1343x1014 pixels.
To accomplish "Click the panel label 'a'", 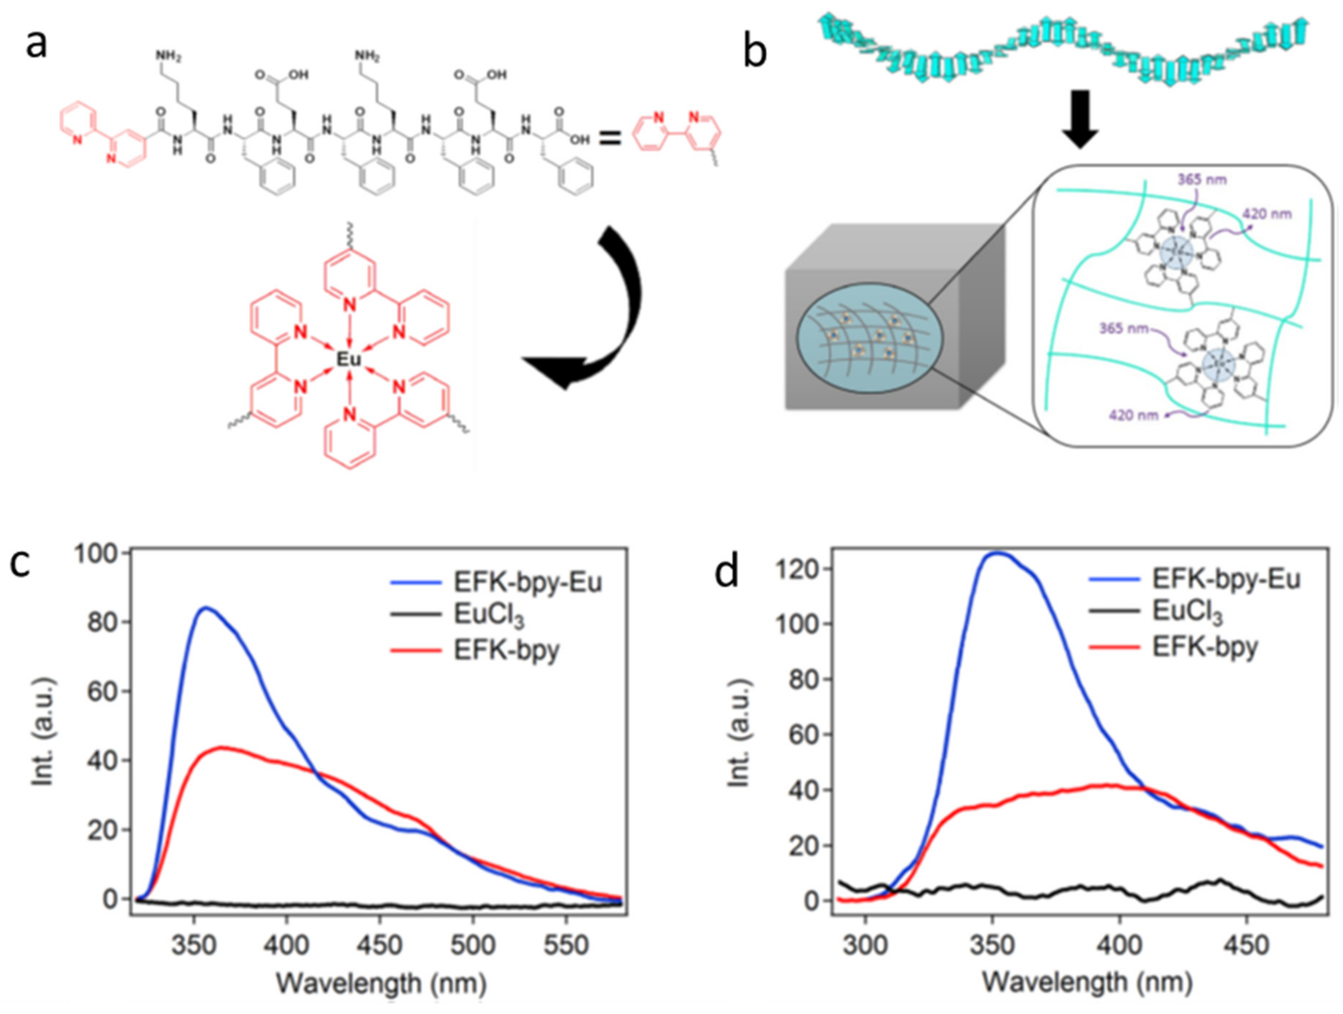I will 37,44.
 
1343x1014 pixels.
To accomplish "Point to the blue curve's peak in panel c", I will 207,607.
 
